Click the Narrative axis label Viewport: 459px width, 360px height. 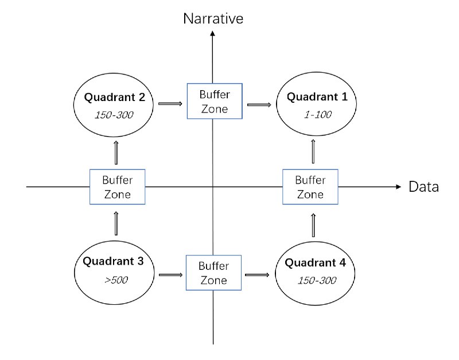213,18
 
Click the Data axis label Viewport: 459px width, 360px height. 423,187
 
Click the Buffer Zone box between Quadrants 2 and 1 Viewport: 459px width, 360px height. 214,100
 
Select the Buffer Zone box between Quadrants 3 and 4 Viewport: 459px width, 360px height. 213,273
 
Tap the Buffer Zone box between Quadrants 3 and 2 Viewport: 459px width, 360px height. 118,187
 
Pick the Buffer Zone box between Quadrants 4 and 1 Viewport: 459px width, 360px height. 310,187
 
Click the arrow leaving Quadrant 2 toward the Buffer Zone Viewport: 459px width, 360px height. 170,104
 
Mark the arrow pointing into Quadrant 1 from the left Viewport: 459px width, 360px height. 258,104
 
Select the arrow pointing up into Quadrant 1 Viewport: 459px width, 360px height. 313,152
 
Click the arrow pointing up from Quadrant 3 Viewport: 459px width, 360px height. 117,223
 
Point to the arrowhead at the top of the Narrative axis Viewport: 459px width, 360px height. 213,33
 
